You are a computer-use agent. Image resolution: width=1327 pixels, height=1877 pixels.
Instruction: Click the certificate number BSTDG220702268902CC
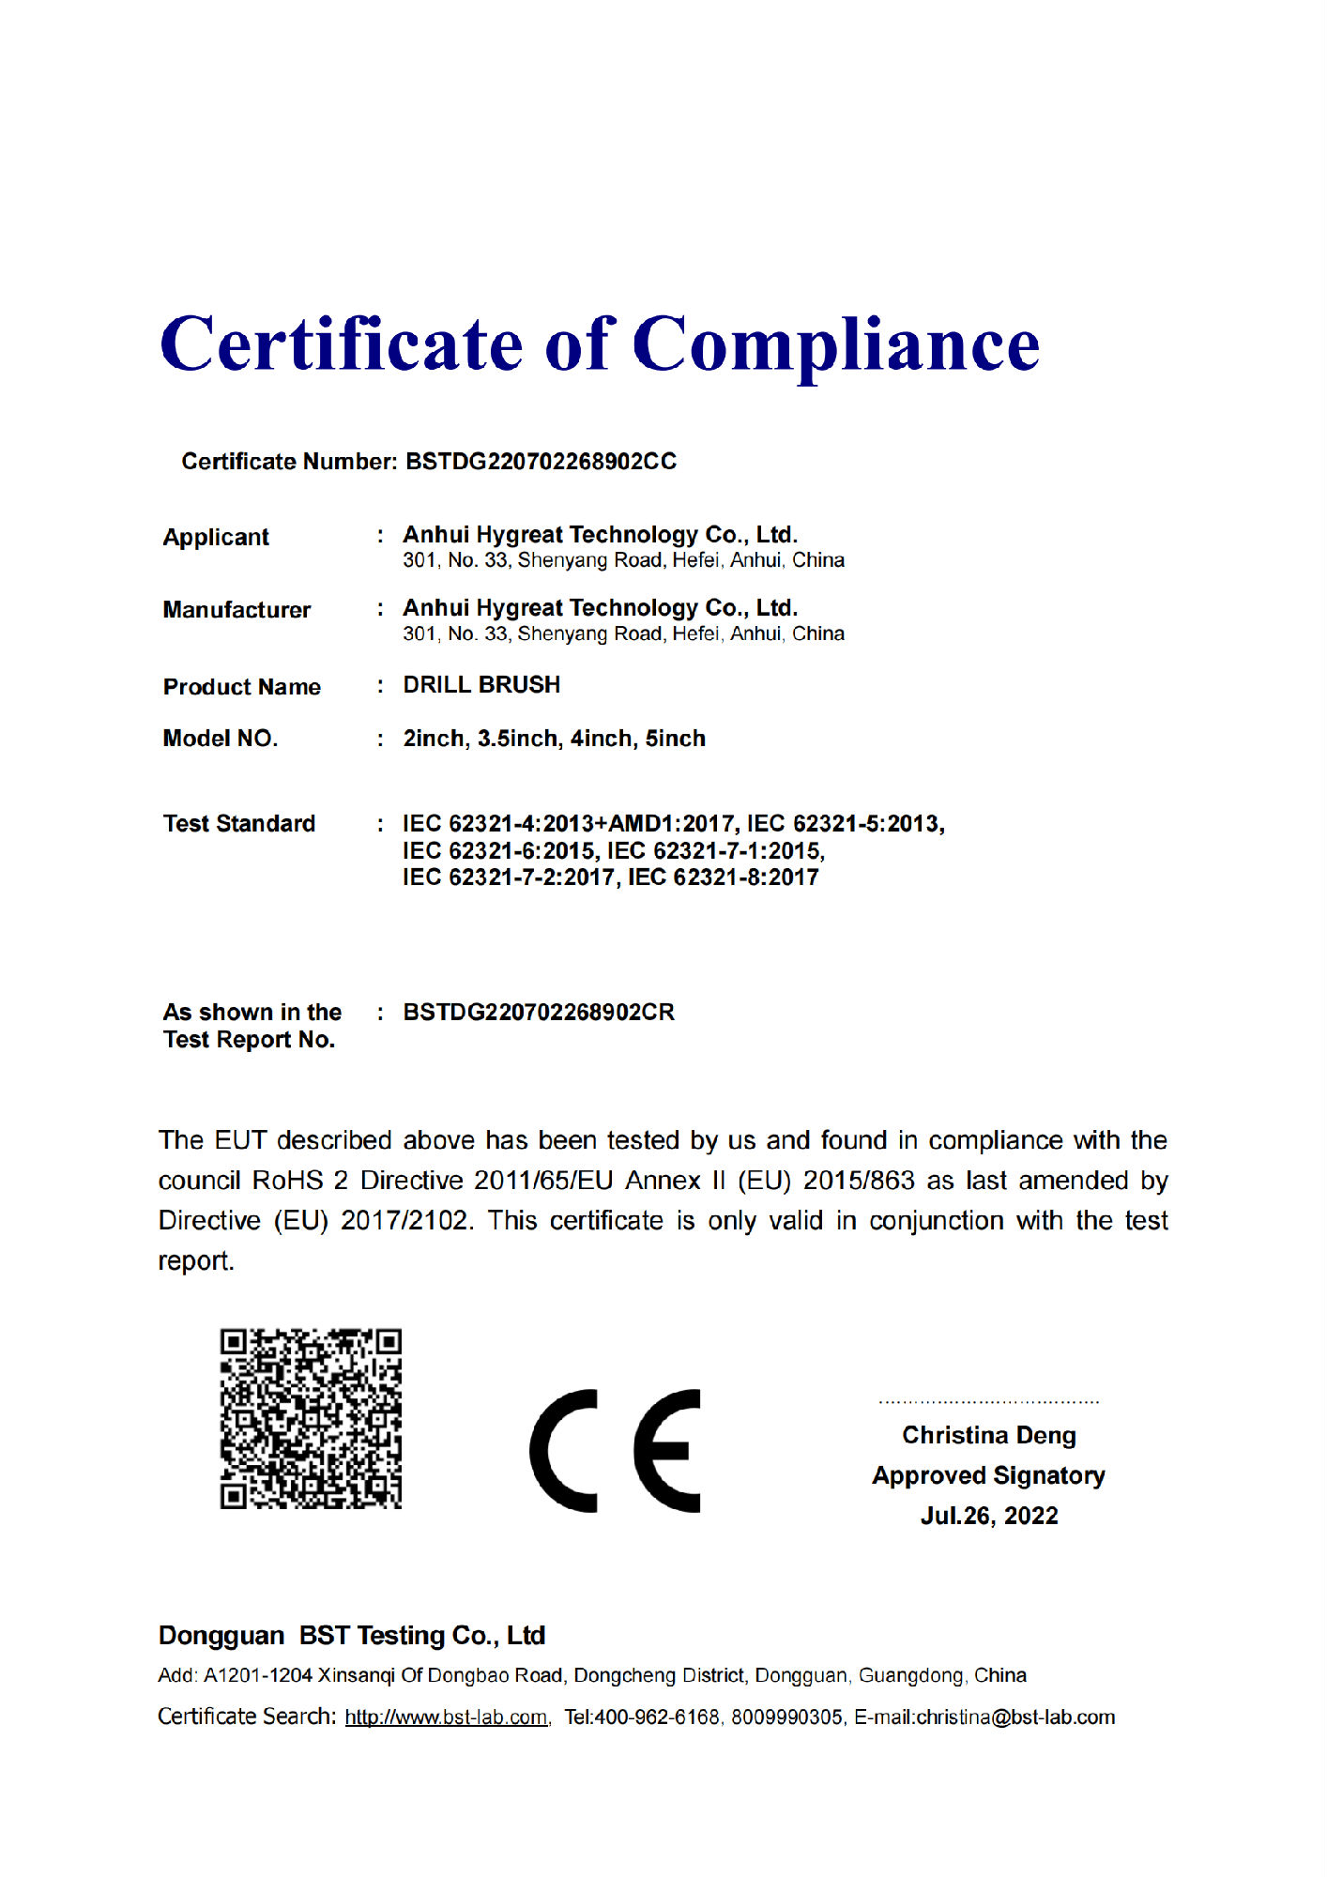[x=541, y=462]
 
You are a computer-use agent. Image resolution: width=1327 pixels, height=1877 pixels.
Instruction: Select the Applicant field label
[x=216, y=538]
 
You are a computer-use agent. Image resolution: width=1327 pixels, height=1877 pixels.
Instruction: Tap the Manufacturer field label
[x=236, y=610]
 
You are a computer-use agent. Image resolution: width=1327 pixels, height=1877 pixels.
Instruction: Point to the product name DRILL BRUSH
[x=481, y=685]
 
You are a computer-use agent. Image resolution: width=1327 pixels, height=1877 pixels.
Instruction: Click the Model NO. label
[x=221, y=739]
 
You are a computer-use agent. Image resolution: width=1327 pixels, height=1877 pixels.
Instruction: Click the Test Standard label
[x=239, y=824]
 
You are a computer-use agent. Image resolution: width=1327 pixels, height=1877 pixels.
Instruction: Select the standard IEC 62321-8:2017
[x=723, y=877]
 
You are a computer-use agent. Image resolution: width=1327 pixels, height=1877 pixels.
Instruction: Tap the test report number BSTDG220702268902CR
[x=539, y=1013]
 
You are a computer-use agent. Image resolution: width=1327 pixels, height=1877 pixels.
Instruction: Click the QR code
[x=311, y=1418]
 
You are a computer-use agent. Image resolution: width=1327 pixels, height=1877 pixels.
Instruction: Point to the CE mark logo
[x=616, y=1450]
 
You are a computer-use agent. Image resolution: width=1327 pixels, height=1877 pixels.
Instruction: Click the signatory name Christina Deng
[x=989, y=1435]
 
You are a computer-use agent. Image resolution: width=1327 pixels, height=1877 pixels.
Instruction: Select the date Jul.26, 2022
[x=989, y=1516]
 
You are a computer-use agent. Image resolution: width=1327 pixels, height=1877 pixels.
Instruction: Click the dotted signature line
[x=989, y=1402]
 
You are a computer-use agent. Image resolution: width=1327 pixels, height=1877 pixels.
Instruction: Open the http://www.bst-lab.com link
[x=446, y=1717]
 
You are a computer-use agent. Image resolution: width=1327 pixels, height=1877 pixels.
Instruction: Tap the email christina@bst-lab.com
[x=1015, y=1717]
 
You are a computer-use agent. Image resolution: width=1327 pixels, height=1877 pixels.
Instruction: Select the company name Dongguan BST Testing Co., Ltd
[x=352, y=1636]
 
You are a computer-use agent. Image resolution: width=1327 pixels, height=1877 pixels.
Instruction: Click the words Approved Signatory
[x=989, y=1475]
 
